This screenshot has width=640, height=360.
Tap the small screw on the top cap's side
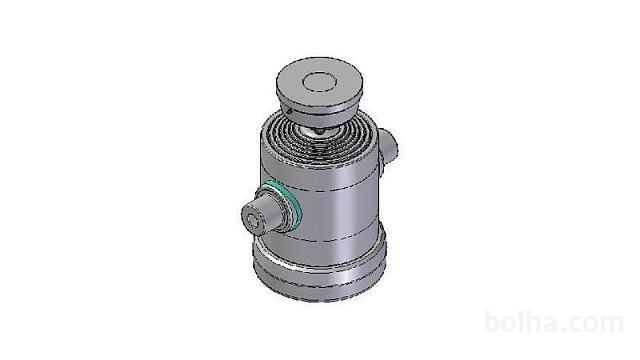tap(289, 111)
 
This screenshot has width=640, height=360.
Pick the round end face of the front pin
tap(254, 219)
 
